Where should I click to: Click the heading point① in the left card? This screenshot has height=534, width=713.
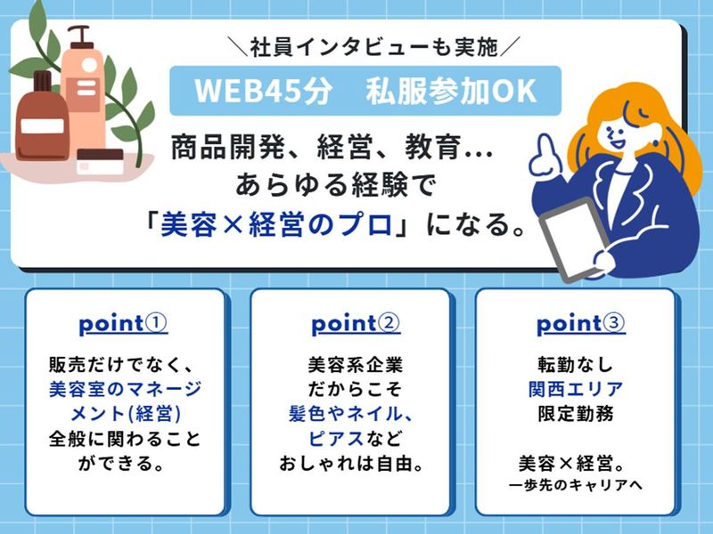click(x=124, y=325)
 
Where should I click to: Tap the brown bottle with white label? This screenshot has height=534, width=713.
click(x=42, y=116)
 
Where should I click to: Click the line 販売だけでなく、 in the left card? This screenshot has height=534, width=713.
click(x=124, y=364)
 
